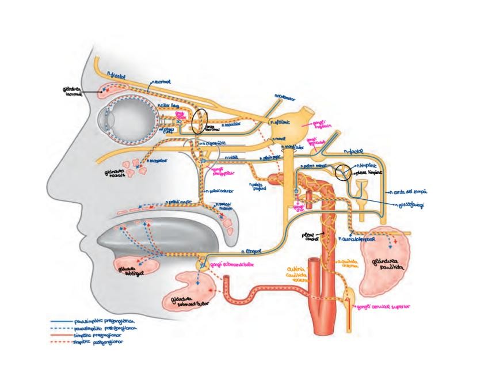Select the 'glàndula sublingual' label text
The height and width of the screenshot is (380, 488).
[128, 271]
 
